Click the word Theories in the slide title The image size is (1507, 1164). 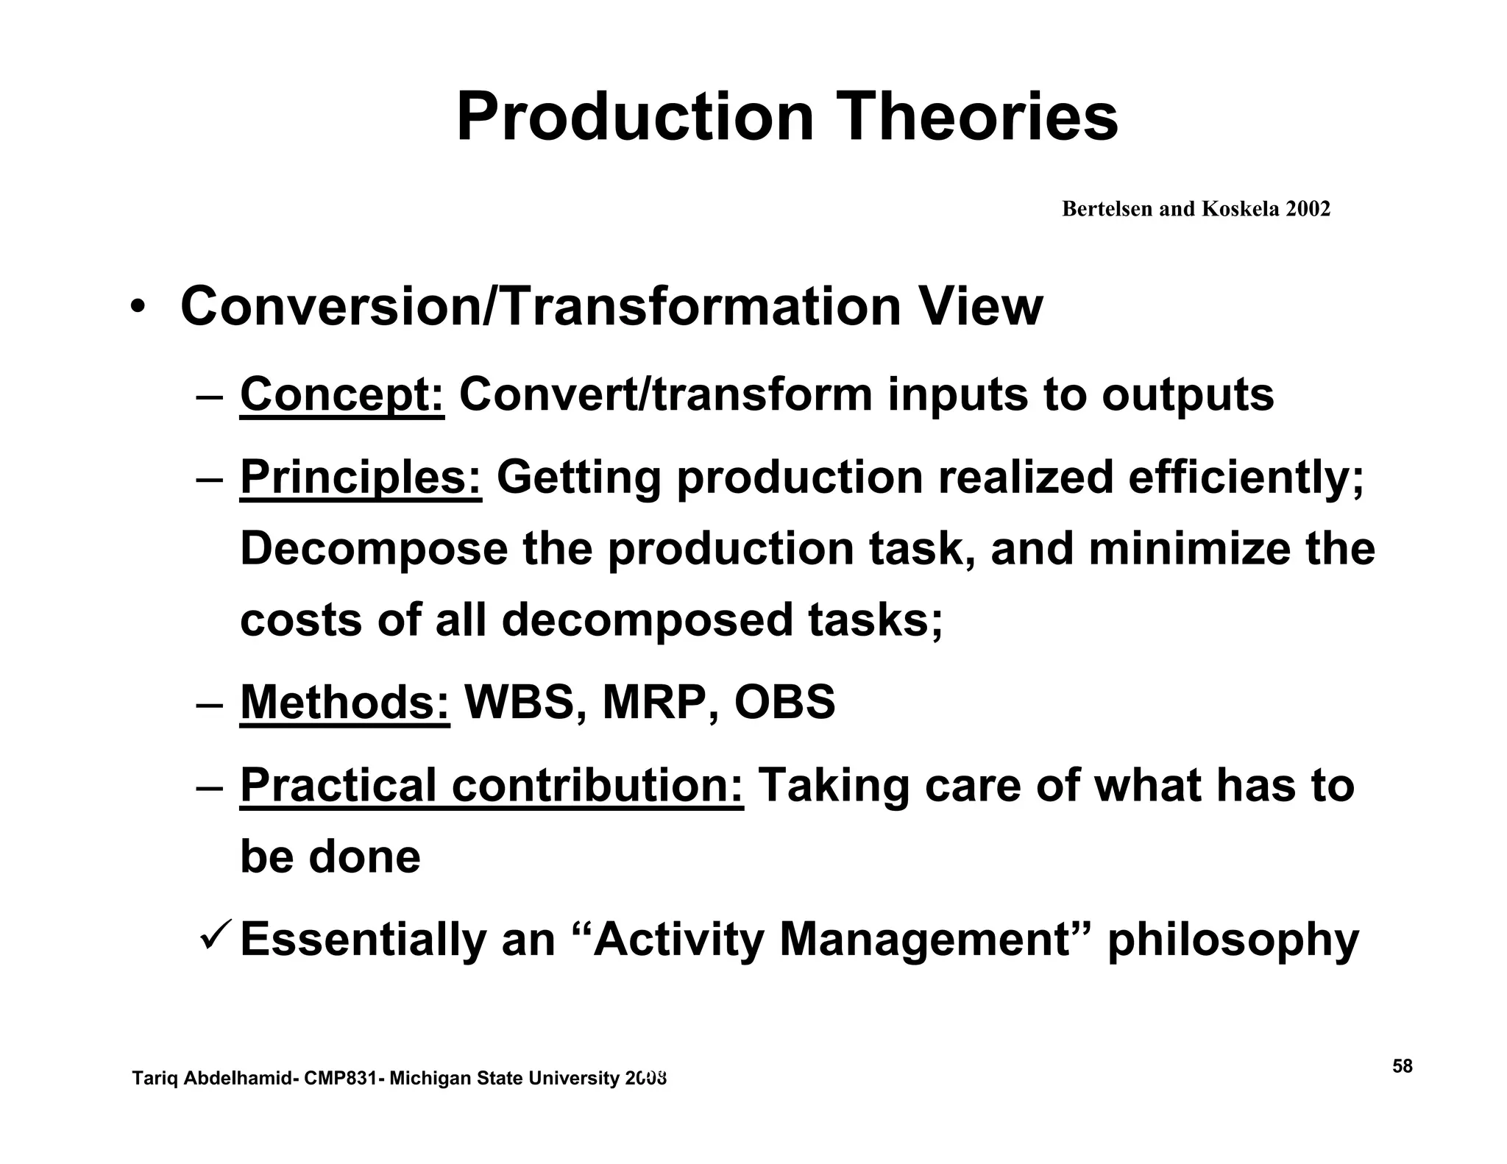pos(979,117)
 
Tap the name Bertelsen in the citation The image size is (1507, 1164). pos(1107,209)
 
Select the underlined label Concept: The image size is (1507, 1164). pos(342,394)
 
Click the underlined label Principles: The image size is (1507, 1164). pos(361,477)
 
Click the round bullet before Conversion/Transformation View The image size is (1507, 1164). pos(136,307)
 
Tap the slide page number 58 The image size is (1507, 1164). pos(1402,1067)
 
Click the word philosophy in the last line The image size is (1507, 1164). pos(1233,940)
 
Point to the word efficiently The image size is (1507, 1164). pos(1245,477)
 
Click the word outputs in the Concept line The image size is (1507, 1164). pos(1187,394)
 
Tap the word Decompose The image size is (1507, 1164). pos(374,549)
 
